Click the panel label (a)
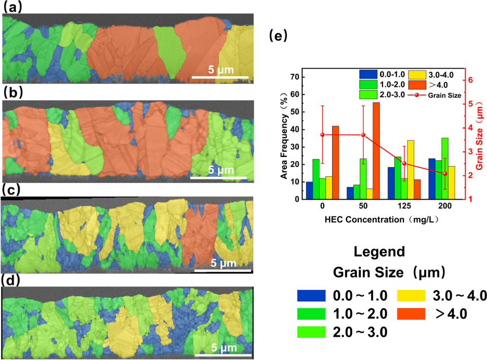pos(12,7)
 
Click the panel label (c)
pos(12,189)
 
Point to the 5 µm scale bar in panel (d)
pos(224,355)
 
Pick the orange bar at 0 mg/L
pos(335,163)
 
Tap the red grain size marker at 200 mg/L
pos(445,173)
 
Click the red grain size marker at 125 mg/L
pos(404,164)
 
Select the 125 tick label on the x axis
pos(404,207)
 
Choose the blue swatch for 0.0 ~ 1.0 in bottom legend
pos(312,296)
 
